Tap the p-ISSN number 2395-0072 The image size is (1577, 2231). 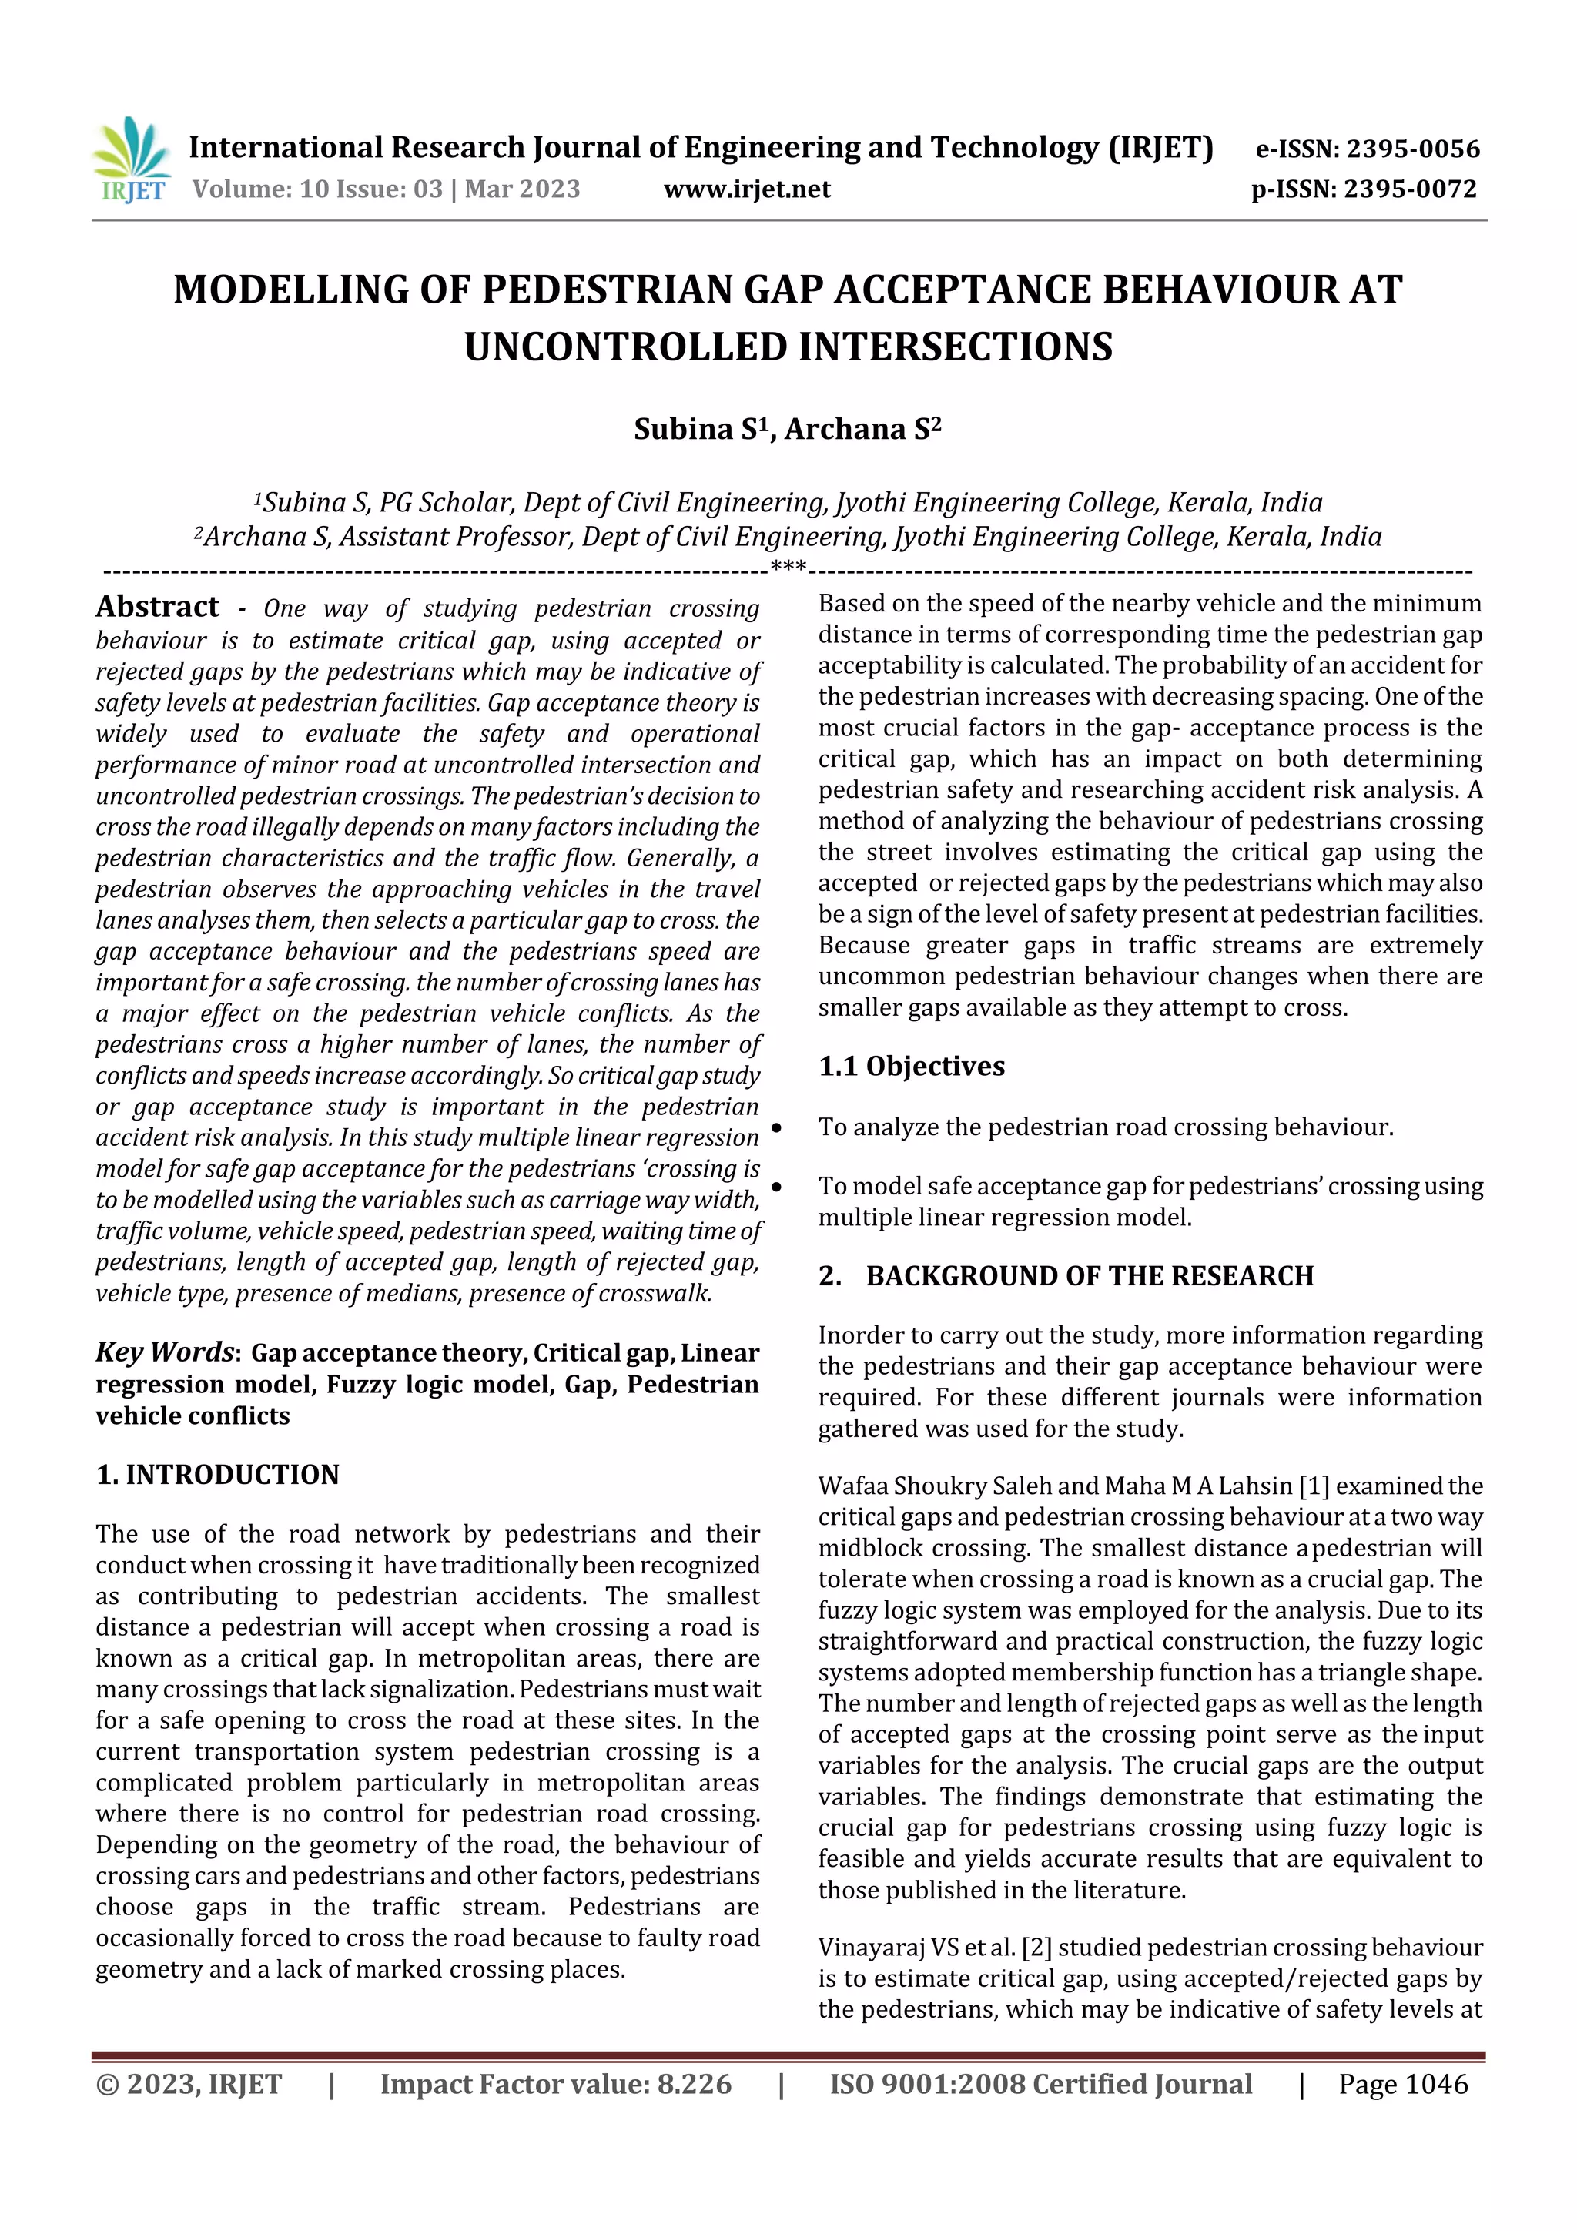[1410, 189]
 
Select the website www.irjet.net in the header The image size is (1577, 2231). [746, 189]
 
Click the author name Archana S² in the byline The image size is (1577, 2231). [863, 430]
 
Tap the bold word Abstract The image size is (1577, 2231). [157, 608]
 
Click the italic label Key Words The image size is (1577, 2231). [164, 1352]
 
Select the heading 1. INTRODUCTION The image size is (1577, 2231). [218, 1475]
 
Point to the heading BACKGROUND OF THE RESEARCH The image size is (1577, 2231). [1090, 1276]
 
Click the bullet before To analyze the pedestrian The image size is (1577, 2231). [776, 1129]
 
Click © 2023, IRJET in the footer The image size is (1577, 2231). [189, 2084]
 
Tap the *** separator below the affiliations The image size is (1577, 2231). [787, 567]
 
